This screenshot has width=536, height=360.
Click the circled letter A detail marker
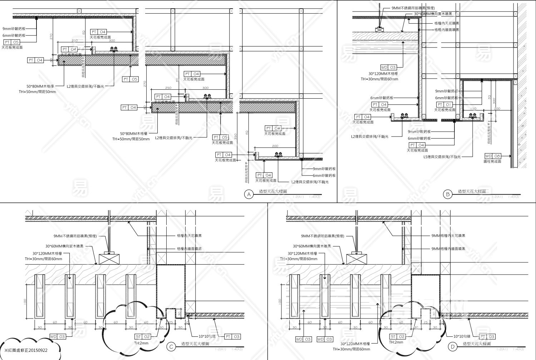click(249, 194)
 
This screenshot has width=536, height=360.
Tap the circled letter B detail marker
click(447, 194)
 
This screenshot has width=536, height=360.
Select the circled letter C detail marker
click(171, 346)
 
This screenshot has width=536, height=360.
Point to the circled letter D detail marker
click(453, 346)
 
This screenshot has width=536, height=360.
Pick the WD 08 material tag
click(493, 156)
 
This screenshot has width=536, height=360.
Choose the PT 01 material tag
click(444, 104)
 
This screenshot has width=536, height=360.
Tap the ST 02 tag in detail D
click(398, 336)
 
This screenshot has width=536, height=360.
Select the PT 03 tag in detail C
click(232, 336)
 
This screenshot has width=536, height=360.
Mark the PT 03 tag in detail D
click(487, 336)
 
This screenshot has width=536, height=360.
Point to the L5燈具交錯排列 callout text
click(442, 157)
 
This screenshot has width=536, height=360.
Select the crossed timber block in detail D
click(356, 258)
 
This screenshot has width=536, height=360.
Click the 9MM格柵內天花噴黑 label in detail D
click(448, 236)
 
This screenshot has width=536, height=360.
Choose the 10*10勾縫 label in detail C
click(209, 336)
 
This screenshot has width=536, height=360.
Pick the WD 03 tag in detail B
click(388, 67)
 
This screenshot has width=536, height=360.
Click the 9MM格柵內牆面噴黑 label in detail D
click(448, 248)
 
